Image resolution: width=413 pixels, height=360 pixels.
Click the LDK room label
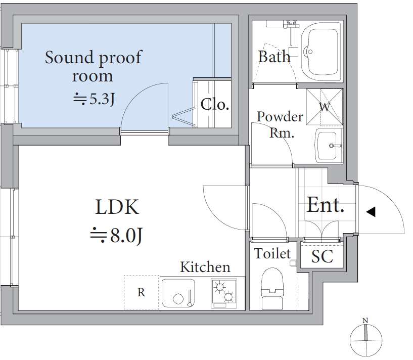pyautogui.click(x=117, y=207)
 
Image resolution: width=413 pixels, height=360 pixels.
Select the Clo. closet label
pyautogui.click(x=215, y=104)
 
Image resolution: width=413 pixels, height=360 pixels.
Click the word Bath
pyautogui.click(x=274, y=57)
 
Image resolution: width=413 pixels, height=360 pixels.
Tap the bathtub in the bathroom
pyautogui.click(x=322, y=52)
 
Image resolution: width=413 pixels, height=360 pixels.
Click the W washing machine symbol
pyautogui.click(x=325, y=107)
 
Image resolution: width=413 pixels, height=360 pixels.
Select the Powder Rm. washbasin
pyautogui.click(x=329, y=146)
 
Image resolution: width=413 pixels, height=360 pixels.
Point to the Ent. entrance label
pyautogui.click(x=326, y=205)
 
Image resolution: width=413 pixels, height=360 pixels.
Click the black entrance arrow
pyautogui.click(x=371, y=212)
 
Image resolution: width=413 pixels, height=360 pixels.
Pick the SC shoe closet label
pyautogui.click(x=322, y=256)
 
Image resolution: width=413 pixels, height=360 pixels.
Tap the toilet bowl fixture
pyautogui.click(x=272, y=288)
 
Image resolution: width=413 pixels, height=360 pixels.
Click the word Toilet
pyautogui.click(x=272, y=253)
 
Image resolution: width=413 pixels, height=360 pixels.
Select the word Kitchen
pyautogui.click(x=205, y=267)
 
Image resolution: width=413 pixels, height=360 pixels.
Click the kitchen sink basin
pyautogui.click(x=178, y=293)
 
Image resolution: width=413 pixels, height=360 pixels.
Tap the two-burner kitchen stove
pyautogui.click(x=224, y=293)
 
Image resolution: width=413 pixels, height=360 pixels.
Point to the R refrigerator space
pyautogui.click(x=142, y=292)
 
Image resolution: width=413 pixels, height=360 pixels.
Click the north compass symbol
pyautogui.click(x=366, y=340)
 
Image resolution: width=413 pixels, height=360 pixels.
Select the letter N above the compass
pyautogui.click(x=365, y=321)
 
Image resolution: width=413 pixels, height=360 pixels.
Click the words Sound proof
pyautogui.click(x=94, y=58)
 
